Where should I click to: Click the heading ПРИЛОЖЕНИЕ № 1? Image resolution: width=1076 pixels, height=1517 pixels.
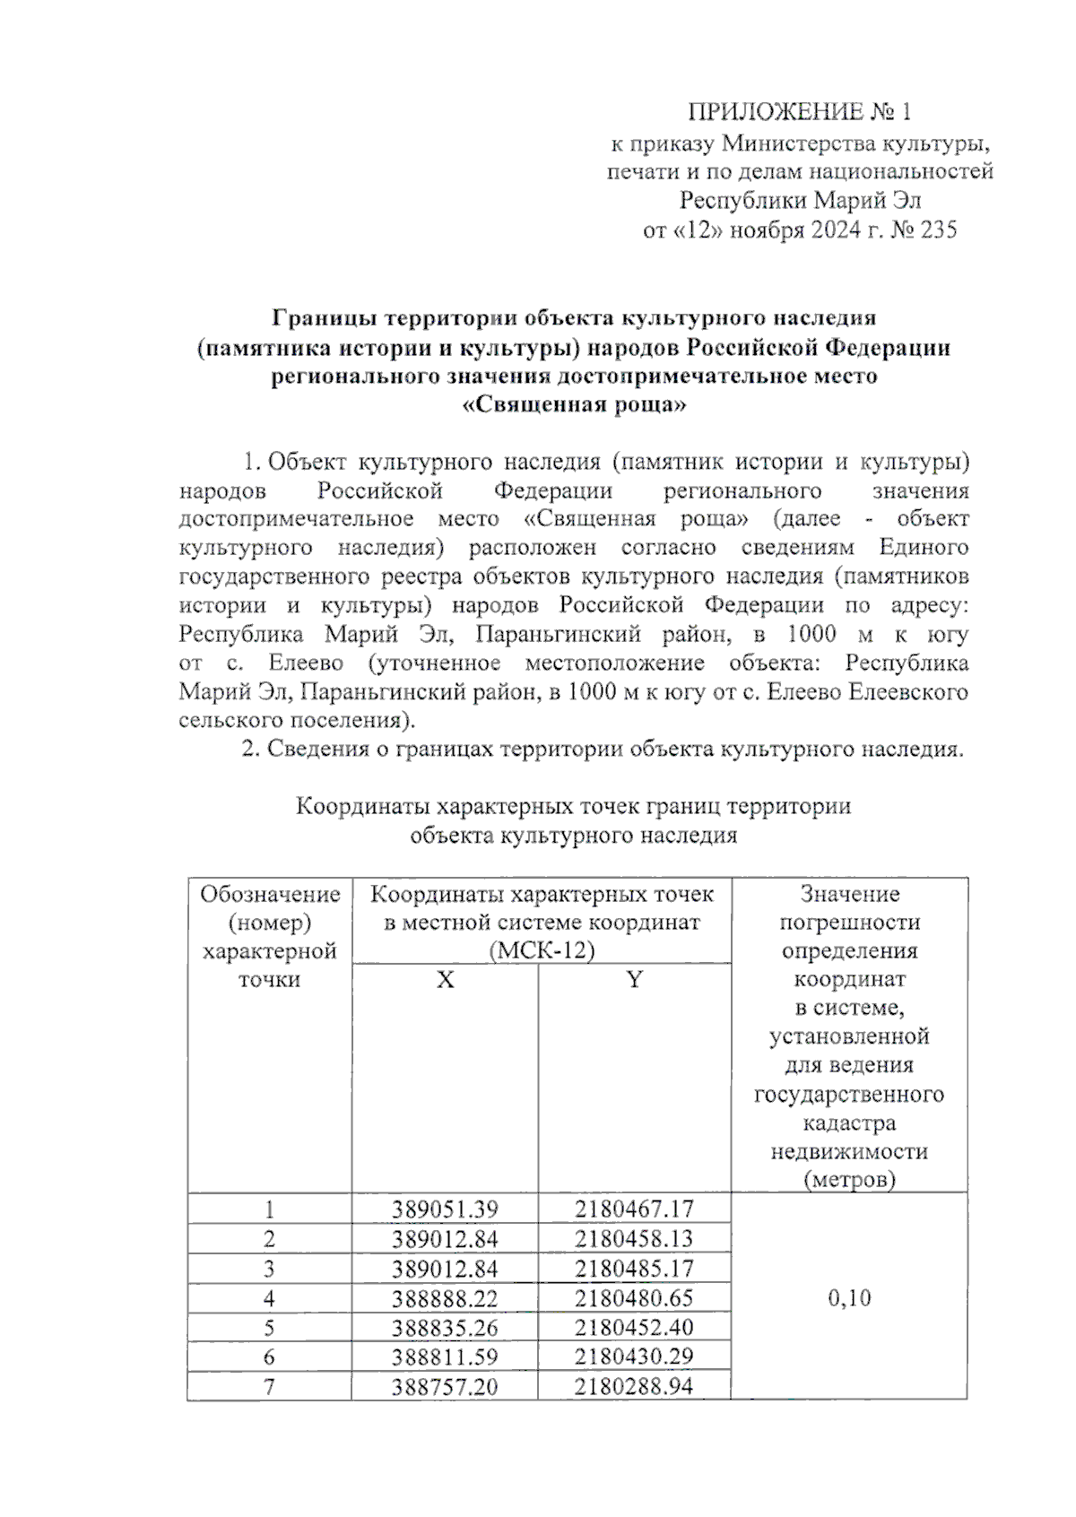pyautogui.click(x=799, y=112)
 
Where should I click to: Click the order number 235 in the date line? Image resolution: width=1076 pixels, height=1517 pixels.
pyautogui.click(x=938, y=230)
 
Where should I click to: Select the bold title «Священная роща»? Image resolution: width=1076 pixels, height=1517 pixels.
pyautogui.click(x=574, y=405)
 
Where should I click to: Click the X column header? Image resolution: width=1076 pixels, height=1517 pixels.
pyautogui.click(x=445, y=980)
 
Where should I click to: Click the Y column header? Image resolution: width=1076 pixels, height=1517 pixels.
pyautogui.click(x=634, y=980)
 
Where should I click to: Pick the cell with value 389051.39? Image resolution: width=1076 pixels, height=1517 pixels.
pyautogui.click(x=445, y=1209)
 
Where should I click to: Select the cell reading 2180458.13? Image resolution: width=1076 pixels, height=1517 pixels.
pyautogui.click(x=634, y=1239)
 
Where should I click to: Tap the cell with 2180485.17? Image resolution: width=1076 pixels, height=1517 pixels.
pyautogui.click(x=634, y=1269)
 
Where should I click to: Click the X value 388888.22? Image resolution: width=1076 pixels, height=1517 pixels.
pyautogui.click(x=445, y=1298)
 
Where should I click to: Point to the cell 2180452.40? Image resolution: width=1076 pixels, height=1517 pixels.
pyautogui.click(x=634, y=1327)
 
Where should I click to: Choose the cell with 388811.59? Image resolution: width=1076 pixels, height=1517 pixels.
pyautogui.click(x=445, y=1357)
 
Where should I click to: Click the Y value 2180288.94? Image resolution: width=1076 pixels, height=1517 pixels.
pyautogui.click(x=634, y=1387)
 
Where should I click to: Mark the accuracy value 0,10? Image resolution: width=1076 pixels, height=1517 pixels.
pyautogui.click(x=849, y=1298)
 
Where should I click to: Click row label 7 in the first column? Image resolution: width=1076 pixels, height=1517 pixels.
pyautogui.click(x=269, y=1387)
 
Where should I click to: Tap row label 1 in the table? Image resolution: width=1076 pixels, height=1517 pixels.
pyautogui.click(x=269, y=1209)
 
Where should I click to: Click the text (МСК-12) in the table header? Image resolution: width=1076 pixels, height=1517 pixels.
pyautogui.click(x=542, y=951)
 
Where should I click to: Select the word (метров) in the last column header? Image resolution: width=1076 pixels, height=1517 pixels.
pyautogui.click(x=849, y=1180)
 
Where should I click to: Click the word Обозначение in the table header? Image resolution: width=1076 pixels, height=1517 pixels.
pyautogui.click(x=270, y=894)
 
